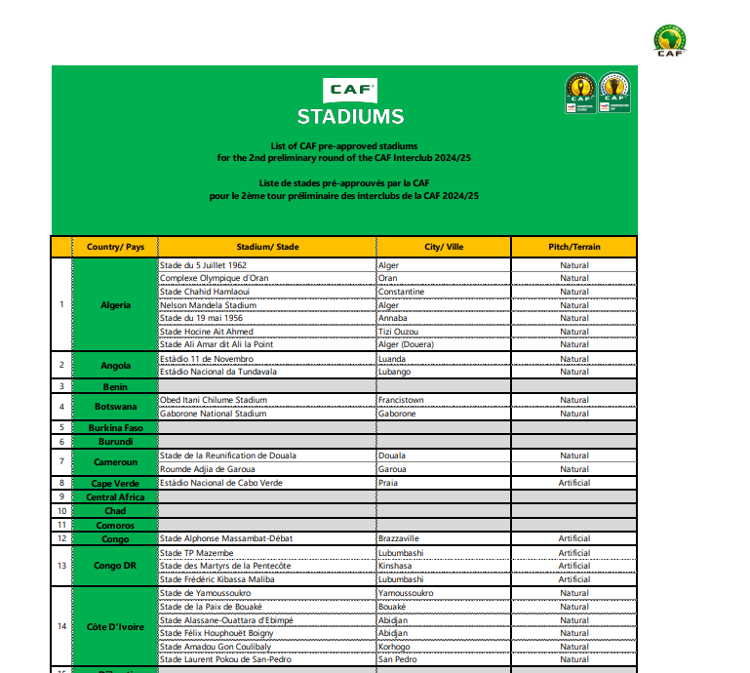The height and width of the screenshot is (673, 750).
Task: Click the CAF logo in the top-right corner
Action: tap(669, 40)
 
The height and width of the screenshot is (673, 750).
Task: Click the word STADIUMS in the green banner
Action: tap(350, 117)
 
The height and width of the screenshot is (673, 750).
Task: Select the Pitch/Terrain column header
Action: tap(573, 247)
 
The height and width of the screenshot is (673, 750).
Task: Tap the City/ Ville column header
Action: tap(443, 247)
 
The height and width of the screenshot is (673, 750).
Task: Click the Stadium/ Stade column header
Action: tap(266, 247)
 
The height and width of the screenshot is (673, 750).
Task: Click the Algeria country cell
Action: tap(115, 304)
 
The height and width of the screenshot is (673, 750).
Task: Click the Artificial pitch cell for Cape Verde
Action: tap(573, 483)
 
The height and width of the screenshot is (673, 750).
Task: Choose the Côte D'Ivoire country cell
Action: tap(115, 626)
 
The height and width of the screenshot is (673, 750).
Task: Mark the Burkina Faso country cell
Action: tap(115, 427)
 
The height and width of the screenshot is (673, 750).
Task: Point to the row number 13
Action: tap(61, 566)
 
